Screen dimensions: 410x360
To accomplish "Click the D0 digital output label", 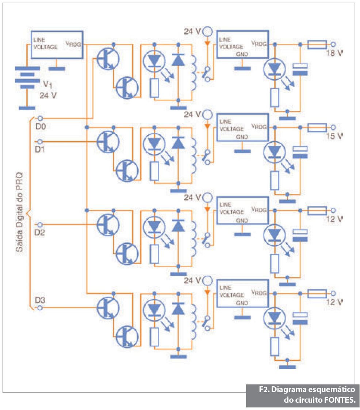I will [40, 126].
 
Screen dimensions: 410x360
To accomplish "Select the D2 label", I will [40, 232].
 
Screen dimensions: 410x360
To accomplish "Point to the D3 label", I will [40, 300].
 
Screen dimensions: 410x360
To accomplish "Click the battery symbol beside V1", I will [27, 77].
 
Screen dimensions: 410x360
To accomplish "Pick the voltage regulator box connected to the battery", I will [57, 44].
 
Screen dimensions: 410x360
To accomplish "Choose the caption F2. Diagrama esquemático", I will [306, 390].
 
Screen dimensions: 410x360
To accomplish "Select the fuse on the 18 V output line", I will [317, 45].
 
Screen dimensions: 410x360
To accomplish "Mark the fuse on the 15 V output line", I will [317, 127].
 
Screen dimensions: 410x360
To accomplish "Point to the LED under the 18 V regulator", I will [274, 69].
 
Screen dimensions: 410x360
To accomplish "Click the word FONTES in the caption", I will [339, 400].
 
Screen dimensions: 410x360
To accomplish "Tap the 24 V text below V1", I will [48, 96].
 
